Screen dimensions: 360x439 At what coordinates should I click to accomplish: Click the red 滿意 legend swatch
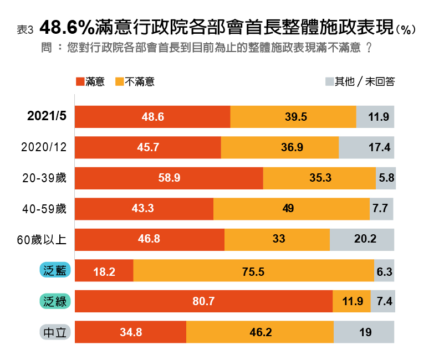coord(80,82)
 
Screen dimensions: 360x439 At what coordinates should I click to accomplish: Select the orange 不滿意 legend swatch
coord(119,82)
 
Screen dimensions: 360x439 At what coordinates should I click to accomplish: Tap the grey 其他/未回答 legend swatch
coord(329,82)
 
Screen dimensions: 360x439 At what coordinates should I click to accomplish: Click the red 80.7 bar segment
coord(203,302)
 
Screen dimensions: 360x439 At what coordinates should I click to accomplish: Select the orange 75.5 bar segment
coord(254,270)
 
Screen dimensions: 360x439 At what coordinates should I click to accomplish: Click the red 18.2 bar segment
coord(104,270)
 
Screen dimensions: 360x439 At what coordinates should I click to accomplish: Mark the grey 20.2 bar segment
coord(362,240)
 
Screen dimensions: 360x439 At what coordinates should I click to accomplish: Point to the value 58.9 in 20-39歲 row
coord(169,178)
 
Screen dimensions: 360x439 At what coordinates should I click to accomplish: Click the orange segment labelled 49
coord(292,209)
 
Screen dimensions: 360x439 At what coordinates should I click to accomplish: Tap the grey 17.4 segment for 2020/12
coord(366,147)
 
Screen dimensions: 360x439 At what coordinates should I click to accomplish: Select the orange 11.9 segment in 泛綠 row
coord(351,302)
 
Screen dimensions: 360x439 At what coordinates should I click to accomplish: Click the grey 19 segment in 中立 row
coord(364,332)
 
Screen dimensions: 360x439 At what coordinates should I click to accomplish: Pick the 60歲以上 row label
coord(42,240)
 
